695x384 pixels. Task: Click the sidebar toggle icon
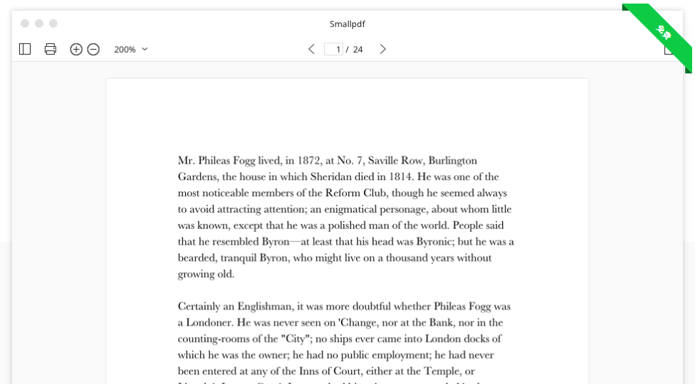[x=25, y=49]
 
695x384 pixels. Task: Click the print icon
[x=51, y=49]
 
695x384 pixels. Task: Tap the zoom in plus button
[x=76, y=49]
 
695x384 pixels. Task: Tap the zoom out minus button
[x=93, y=49]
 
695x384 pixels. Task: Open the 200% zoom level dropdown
[x=131, y=49]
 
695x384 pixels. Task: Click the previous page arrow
[x=311, y=49]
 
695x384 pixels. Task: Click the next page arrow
[x=382, y=49]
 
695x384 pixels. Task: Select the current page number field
[x=334, y=49]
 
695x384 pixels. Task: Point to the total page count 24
[x=357, y=49]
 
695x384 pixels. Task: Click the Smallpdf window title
[x=347, y=24]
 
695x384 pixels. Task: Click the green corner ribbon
[x=662, y=32]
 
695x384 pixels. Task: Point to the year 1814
[x=401, y=177]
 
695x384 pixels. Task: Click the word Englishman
[x=260, y=306]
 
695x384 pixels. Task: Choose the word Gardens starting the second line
[x=198, y=177]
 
